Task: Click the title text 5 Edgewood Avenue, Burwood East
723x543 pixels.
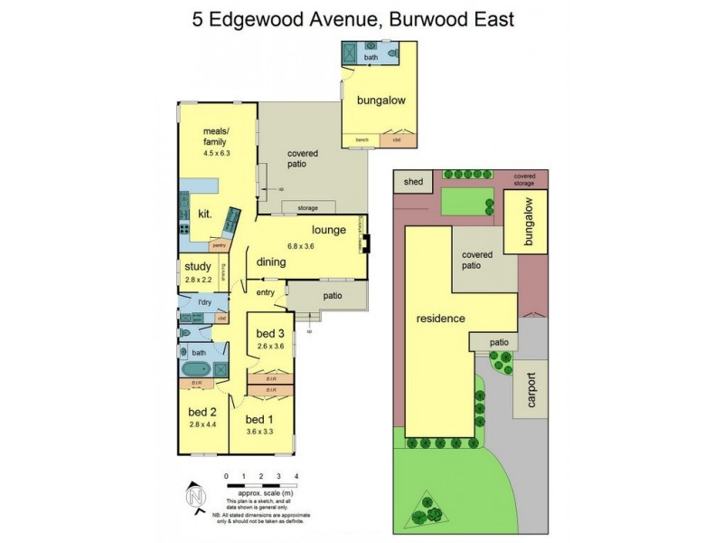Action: [360, 18]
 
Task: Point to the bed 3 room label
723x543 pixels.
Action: [270, 331]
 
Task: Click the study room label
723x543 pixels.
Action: [198, 266]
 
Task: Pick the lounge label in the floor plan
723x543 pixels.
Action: [329, 229]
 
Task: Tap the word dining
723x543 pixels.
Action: [271, 262]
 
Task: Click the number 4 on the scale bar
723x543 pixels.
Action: [296, 474]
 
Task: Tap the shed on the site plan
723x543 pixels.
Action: [413, 182]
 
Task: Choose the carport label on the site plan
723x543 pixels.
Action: [530, 390]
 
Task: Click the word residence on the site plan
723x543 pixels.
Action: [440, 319]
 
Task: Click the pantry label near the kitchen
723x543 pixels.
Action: [219, 245]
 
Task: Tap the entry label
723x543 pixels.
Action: [265, 291]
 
